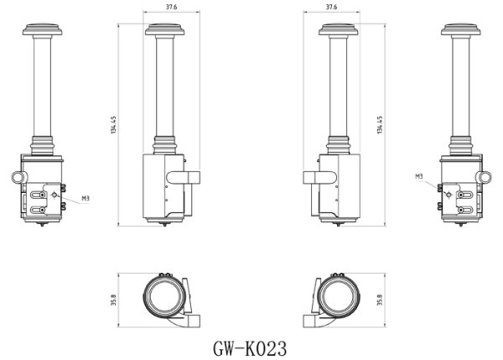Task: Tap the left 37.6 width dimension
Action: coord(171,8)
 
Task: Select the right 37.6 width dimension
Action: coord(331,8)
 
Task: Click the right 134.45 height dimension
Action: coord(380,125)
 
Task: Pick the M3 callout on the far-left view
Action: coord(86,199)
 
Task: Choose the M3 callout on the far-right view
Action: coord(418,176)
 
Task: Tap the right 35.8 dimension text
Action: coord(379,300)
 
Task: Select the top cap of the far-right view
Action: coord(459,32)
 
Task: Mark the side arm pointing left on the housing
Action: coord(317,176)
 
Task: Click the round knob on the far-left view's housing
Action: coord(18,178)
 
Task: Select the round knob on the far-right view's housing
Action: coord(485,178)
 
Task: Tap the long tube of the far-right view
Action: coord(459,84)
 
